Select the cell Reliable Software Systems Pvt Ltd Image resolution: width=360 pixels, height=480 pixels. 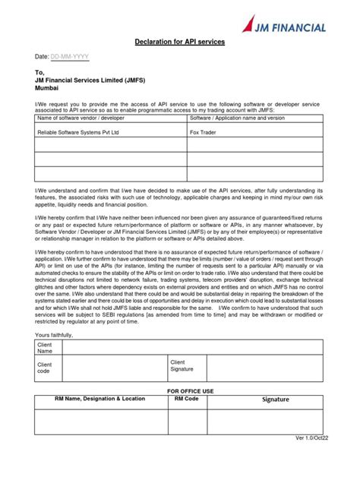[x=79, y=131]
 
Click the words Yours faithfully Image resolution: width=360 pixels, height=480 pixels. [x=56, y=333]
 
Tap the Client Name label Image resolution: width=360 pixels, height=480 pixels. [x=46, y=348]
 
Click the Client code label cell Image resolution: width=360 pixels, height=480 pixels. [x=45, y=368]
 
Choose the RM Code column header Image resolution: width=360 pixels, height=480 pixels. [x=187, y=398]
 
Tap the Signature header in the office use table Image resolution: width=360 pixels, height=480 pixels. [x=276, y=399]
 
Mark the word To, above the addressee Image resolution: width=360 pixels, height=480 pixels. [x=39, y=74]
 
